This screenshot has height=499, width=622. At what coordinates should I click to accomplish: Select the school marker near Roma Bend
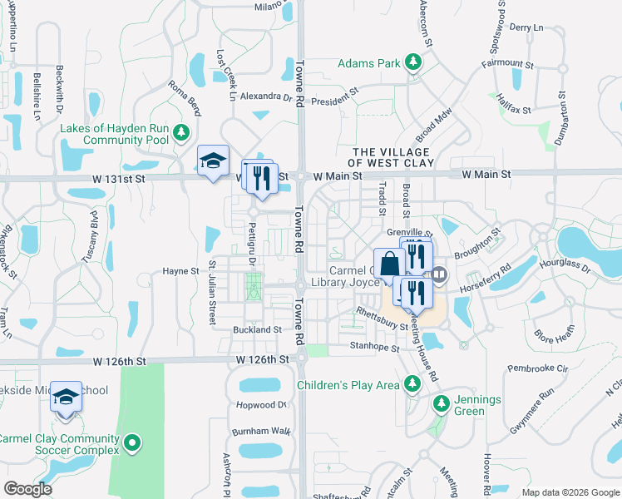pyautogui.click(x=213, y=161)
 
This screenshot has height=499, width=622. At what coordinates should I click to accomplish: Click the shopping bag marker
pyautogui.click(x=389, y=264)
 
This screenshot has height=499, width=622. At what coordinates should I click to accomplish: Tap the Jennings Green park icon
pyautogui.click(x=441, y=405)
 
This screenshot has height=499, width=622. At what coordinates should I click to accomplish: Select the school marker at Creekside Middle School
pyautogui.click(x=66, y=397)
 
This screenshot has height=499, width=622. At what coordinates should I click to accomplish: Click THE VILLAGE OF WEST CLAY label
pyautogui.click(x=391, y=158)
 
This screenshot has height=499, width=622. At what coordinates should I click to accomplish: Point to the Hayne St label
pyautogui.click(x=180, y=271)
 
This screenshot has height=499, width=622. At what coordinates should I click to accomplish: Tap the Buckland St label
pyautogui.click(x=257, y=330)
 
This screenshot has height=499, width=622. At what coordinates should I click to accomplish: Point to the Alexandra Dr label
pyautogui.click(x=266, y=96)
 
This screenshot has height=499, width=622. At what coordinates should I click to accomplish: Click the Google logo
pyautogui.click(x=28, y=488)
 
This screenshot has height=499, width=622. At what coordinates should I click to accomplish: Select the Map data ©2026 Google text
pyautogui.click(x=570, y=492)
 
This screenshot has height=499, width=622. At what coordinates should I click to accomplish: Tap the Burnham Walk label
pyautogui.click(x=262, y=431)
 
